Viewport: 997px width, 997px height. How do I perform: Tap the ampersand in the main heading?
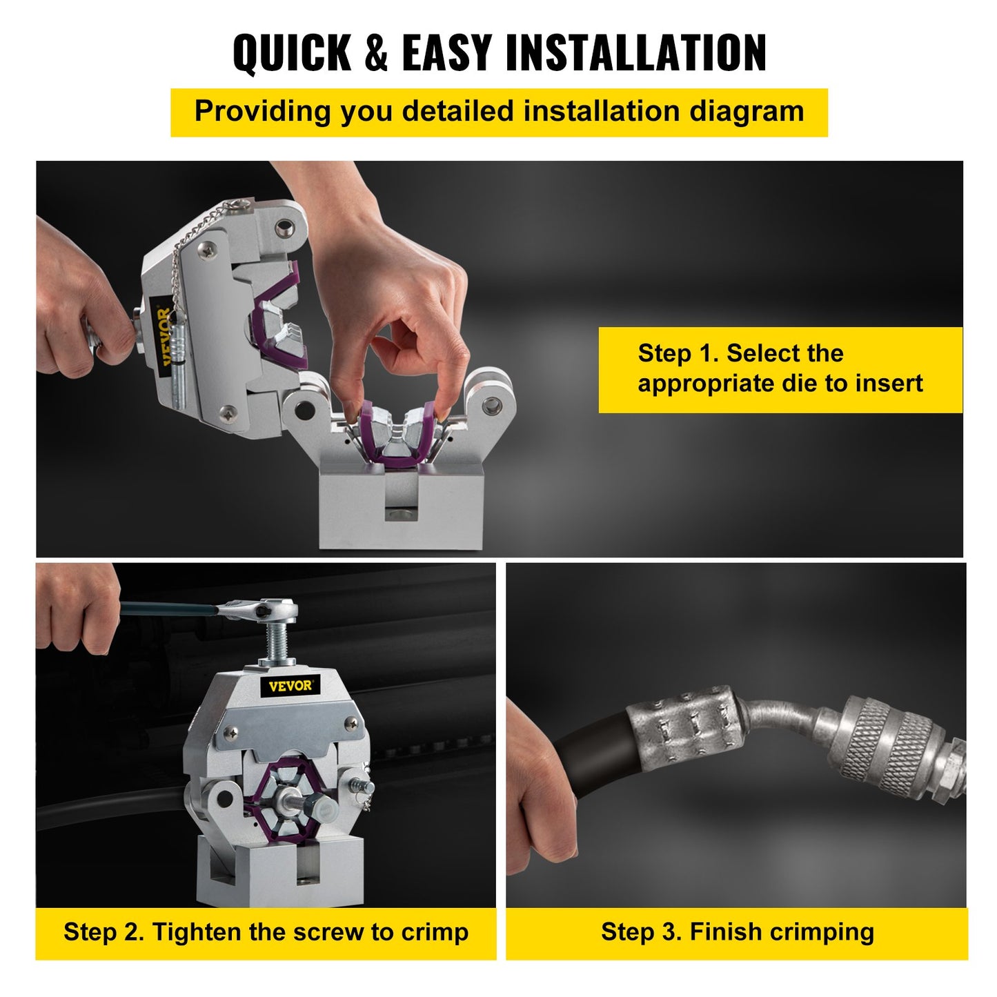click(x=375, y=53)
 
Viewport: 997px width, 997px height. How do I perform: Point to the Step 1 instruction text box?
click(x=780, y=369)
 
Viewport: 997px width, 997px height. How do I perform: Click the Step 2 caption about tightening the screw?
click(x=266, y=932)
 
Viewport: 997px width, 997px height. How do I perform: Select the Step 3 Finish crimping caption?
click(x=737, y=932)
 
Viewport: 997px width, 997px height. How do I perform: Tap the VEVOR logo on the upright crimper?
click(x=290, y=685)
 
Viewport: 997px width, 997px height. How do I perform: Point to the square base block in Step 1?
click(x=400, y=507)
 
